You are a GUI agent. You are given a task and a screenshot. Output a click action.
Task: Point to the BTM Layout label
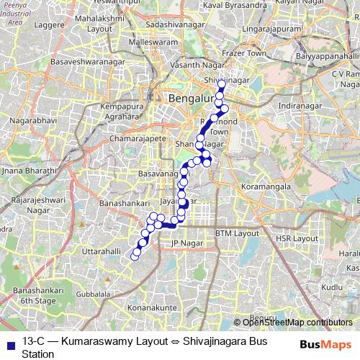click(238, 233)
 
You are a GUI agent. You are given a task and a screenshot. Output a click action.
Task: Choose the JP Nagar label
click(184, 245)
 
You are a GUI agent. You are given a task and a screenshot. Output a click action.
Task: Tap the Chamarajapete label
click(138, 138)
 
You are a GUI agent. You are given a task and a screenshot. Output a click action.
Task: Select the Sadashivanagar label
click(175, 24)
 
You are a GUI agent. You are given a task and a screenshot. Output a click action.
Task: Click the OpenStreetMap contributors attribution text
click(297, 322)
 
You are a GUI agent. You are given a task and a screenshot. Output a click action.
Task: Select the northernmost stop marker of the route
click(221, 84)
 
